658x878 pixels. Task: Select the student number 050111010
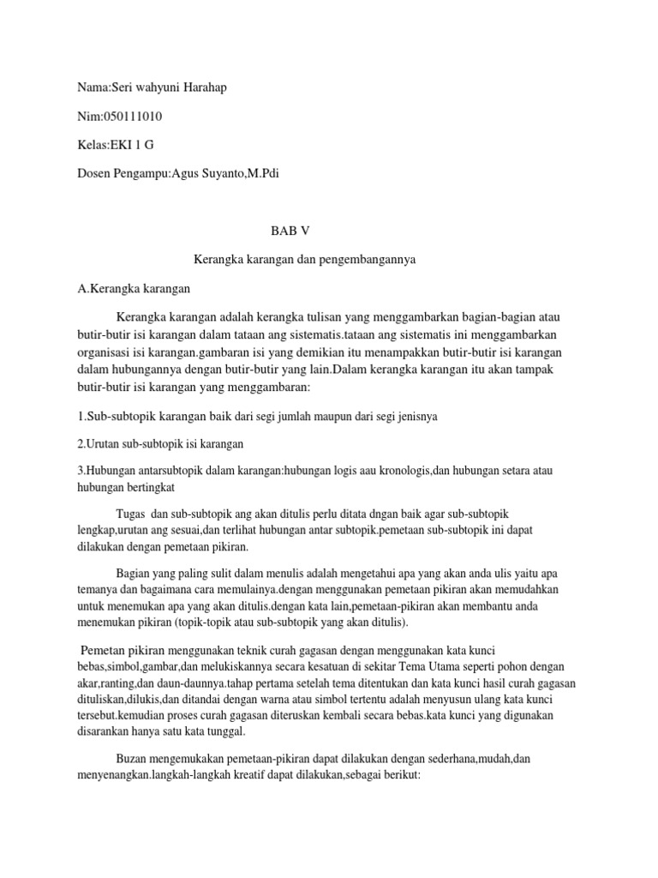tap(133, 117)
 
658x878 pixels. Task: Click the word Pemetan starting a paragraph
tap(107, 652)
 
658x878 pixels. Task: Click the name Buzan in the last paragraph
tap(131, 760)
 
